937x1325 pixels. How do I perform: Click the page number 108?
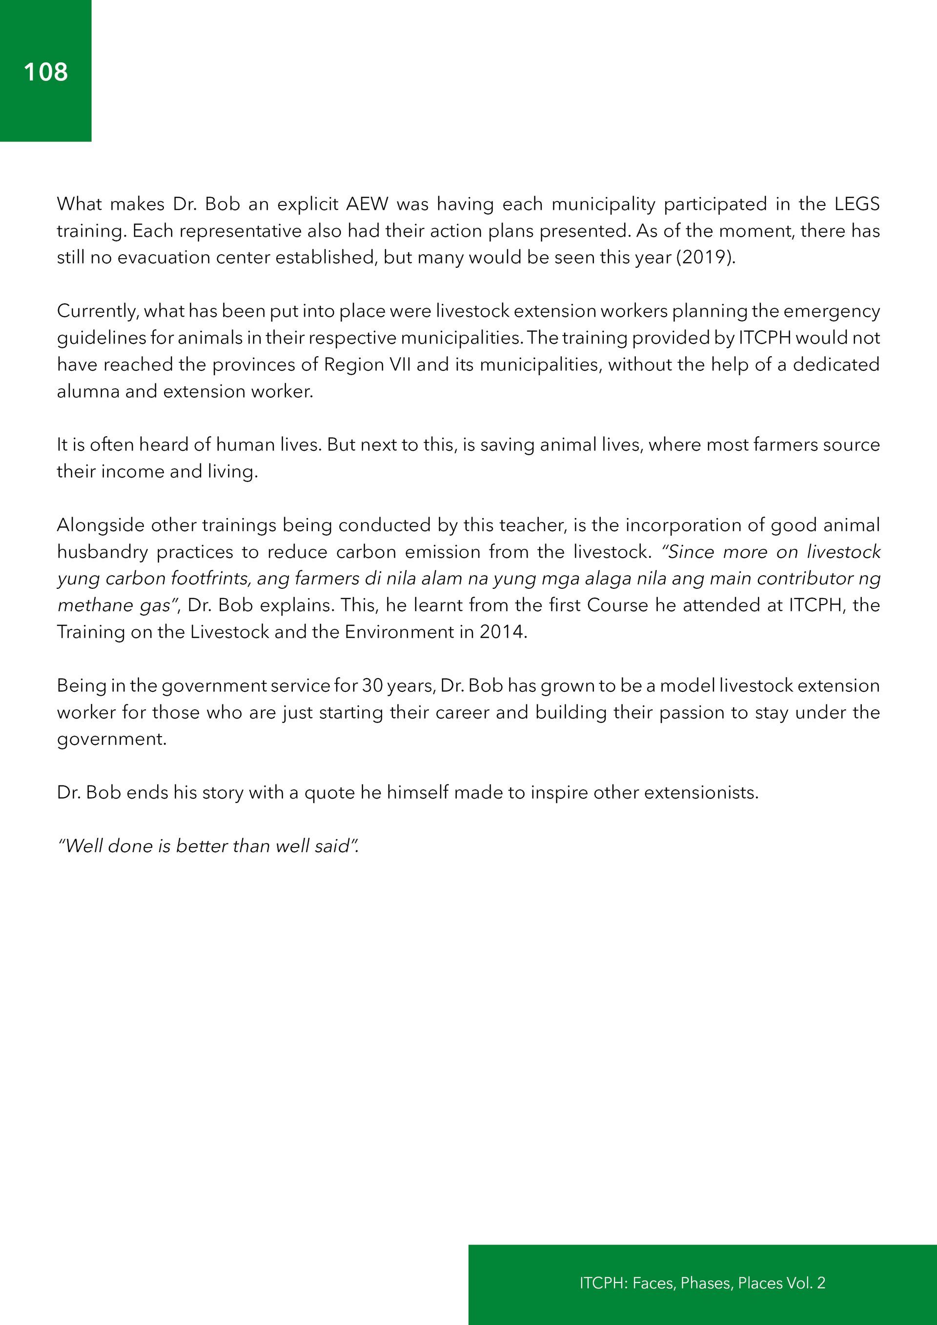pos(45,72)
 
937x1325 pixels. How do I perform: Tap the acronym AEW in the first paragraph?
pos(367,204)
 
